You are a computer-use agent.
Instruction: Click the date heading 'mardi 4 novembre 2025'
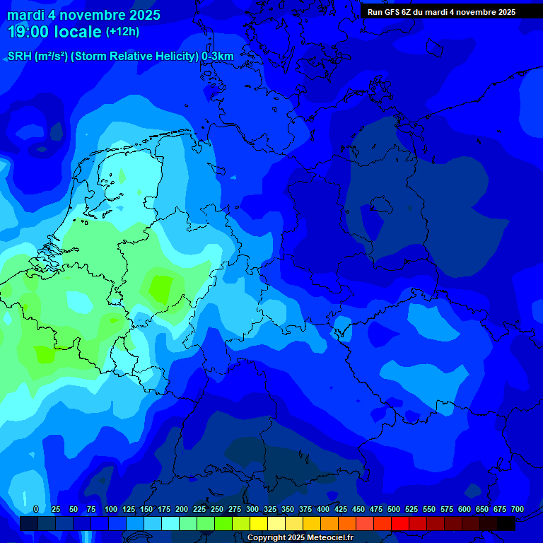point(83,15)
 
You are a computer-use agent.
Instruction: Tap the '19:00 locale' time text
point(54,32)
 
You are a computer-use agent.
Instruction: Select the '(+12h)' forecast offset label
point(122,32)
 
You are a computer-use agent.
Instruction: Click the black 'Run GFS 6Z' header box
point(441,11)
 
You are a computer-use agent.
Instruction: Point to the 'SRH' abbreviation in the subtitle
point(20,56)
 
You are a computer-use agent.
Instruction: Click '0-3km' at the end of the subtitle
point(218,56)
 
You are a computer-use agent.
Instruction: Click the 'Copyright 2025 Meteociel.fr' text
point(300,538)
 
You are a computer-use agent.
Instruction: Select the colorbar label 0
point(35,509)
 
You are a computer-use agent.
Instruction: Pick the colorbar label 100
point(111,509)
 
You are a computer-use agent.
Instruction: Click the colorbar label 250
point(217,509)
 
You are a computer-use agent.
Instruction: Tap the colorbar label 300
point(252,509)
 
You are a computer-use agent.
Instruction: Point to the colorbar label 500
point(394,509)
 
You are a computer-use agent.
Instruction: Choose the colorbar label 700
point(518,509)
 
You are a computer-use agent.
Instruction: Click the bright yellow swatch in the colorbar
point(259,523)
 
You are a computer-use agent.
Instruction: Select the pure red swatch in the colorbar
point(400,523)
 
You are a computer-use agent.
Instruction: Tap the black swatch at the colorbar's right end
point(506,523)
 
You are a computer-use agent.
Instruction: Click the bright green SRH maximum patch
point(161,288)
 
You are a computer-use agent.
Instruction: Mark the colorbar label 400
point(323,509)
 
